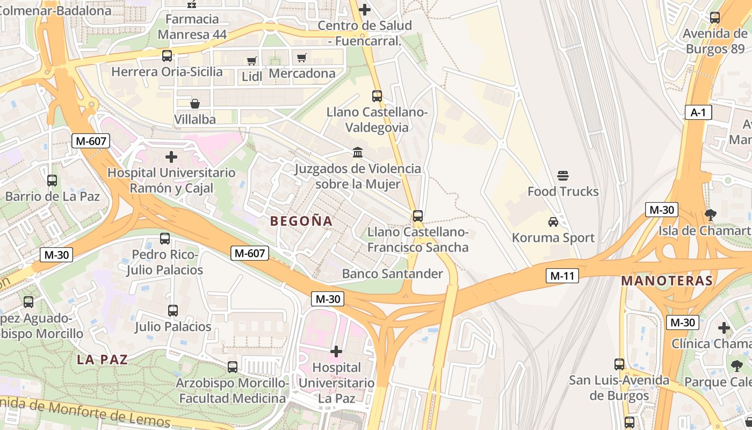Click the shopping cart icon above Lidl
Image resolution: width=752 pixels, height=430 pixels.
[251, 61]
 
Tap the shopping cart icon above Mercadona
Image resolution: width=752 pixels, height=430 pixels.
[302, 58]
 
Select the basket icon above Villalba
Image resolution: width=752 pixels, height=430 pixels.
[195, 103]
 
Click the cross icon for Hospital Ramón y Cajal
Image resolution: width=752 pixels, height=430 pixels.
[171, 157]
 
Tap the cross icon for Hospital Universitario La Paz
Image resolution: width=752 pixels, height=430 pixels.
[336, 352]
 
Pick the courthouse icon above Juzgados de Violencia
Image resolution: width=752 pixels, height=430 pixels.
[358, 153]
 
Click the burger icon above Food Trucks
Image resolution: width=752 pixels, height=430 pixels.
[563, 176]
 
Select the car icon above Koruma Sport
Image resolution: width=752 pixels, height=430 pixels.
[553, 221]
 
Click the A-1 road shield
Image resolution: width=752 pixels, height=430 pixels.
[698, 112]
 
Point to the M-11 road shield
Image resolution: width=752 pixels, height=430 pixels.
[562, 276]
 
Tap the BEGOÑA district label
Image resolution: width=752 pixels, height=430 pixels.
[301, 221]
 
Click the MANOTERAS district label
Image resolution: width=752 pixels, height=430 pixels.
[667, 281]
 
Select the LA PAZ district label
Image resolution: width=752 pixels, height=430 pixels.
[103, 360]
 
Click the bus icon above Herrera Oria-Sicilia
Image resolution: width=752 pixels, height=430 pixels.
[167, 55]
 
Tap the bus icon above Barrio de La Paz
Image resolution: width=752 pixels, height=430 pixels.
[52, 181]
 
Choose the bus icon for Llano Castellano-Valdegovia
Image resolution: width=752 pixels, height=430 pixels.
[377, 96]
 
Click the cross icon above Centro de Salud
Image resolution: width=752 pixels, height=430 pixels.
[365, 10]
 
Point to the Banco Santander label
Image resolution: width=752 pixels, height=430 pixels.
[392, 274]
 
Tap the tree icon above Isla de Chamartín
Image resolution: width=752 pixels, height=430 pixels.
[710, 215]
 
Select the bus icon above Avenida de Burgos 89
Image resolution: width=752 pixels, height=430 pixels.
[715, 18]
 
